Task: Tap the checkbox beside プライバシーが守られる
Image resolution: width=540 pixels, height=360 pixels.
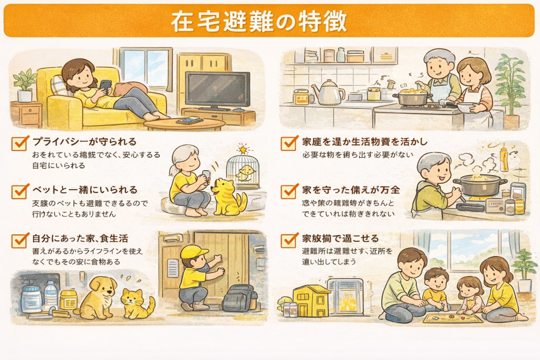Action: coord(20,143)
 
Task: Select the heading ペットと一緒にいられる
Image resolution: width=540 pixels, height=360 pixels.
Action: coord(84,189)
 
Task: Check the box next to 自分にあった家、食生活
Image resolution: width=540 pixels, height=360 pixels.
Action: coord(20,240)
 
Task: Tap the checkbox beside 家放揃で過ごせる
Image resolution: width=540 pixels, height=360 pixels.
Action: coord(289,240)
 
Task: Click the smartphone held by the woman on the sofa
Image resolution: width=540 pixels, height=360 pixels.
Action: coord(105,85)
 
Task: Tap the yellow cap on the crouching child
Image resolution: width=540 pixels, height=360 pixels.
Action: coord(193,252)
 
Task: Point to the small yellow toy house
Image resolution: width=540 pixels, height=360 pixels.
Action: coord(311,301)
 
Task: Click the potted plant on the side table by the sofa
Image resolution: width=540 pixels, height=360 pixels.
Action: coord(24,85)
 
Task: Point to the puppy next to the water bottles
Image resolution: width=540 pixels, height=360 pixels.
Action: coord(98,297)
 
